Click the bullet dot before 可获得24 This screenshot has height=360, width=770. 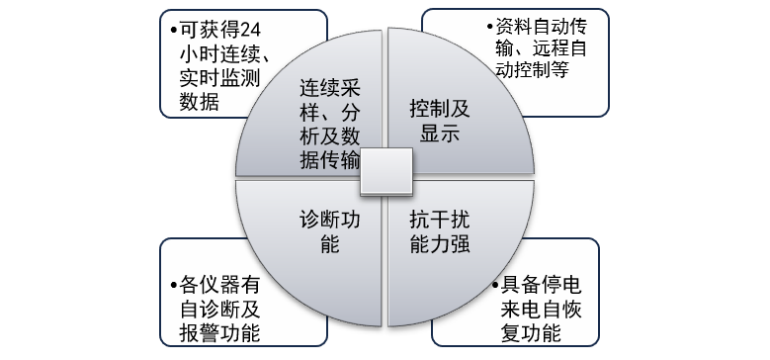[x=173, y=29]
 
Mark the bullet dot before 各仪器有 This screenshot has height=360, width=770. [x=174, y=285]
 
